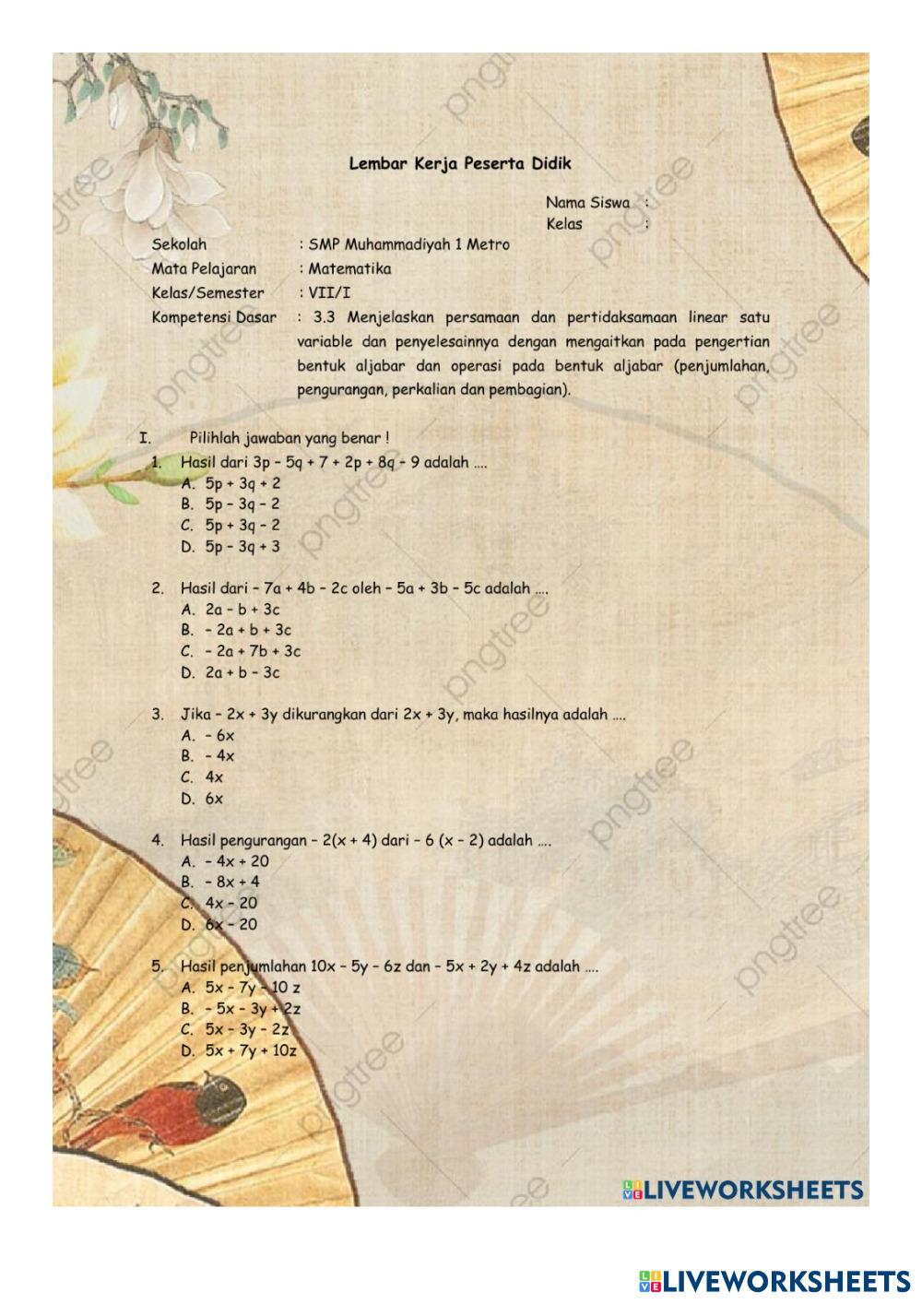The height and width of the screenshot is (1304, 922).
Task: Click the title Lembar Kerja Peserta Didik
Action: pos(460,164)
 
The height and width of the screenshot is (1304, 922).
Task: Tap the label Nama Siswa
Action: pos(587,203)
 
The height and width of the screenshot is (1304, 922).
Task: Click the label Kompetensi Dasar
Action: pos(214,317)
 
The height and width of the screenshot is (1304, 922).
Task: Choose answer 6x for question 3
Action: pos(214,800)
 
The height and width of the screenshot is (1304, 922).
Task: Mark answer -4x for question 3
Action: pos(219,757)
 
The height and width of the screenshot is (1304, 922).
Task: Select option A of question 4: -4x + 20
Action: pos(236,862)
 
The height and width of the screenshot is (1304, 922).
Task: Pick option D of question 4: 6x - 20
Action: pos(230,925)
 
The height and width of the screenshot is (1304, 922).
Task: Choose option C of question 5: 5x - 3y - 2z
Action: pos(246,1030)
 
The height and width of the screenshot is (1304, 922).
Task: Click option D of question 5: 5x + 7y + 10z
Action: pos(250,1051)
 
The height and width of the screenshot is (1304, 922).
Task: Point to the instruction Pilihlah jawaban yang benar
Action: pos(289,438)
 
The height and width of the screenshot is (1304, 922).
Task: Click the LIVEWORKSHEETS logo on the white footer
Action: pos(774,1281)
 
